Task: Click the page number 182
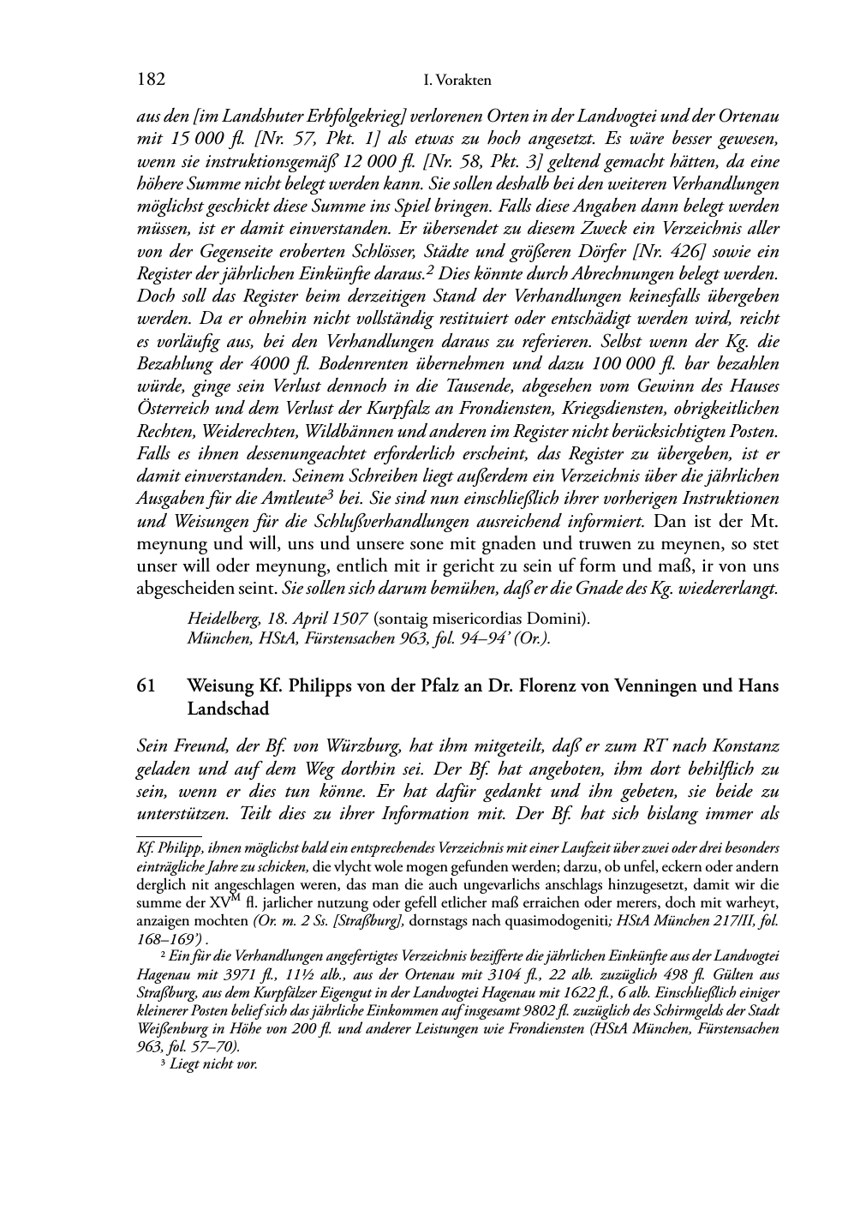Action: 151,81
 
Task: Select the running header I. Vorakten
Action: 457,81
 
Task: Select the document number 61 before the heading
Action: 146,686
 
